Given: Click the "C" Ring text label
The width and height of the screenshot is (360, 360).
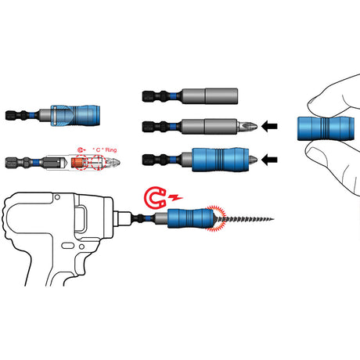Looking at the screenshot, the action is [105, 149].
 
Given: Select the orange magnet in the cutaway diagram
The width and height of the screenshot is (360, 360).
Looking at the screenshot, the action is [77, 162].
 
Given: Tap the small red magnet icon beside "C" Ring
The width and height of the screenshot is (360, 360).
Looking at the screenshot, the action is [81, 149].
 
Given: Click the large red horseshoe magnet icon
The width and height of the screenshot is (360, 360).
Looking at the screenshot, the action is [155, 197].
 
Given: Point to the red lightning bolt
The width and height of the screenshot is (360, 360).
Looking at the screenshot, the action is [175, 197].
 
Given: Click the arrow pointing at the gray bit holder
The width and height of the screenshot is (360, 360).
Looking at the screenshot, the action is [269, 127].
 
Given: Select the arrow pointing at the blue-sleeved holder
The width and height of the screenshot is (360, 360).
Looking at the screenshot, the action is [269, 160].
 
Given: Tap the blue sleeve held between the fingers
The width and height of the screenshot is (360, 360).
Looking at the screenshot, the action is [326, 128].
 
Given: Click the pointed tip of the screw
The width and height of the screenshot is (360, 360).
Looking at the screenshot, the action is [274, 219].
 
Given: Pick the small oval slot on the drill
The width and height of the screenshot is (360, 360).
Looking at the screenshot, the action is [67, 246].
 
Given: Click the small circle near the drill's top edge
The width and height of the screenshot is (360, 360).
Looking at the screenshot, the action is [57, 197].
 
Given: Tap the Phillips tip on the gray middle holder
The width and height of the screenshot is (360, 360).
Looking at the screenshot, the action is [247, 127].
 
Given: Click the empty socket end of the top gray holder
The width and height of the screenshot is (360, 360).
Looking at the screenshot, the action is [221, 96].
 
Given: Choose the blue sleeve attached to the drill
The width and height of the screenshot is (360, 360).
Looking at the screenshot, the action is [191, 218].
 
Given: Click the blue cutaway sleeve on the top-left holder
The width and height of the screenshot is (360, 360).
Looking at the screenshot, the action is [75, 115].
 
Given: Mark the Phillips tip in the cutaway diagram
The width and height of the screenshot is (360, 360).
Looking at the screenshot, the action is [113, 162].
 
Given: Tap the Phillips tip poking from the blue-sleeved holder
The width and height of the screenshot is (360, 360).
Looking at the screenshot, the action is [253, 160].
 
